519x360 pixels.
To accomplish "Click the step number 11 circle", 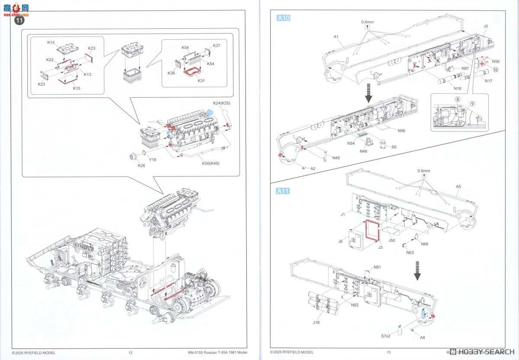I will pyautogui.click(x=19, y=20).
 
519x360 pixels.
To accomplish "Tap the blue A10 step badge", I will pyautogui.click(x=283, y=18).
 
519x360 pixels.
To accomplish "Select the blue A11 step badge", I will pyautogui.click(x=283, y=191).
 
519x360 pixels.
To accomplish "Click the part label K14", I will pyautogui.click(x=51, y=43).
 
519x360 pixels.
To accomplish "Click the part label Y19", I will pyautogui.click(x=153, y=159).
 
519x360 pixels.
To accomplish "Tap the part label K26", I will pyautogui.click(x=141, y=165).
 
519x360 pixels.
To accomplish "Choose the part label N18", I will pyautogui.click(x=457, y=88).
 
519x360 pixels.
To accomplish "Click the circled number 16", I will pyautogui.click(x=495, y=70).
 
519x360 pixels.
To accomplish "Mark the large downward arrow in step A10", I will pyautogui.click(x=368, y=93).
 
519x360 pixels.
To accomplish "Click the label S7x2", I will pyautogui.click(x=385, y=336).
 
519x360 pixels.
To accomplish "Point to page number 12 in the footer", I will pyautogui.click(x=130, y=353).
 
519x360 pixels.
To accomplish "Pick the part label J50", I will pyautogui.click(x=392, y=240).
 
